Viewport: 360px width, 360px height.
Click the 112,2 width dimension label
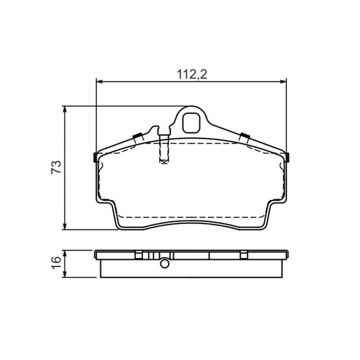point(192,74)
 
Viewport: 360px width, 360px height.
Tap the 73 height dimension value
point(56,167)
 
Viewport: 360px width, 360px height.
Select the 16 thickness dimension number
point(56,263)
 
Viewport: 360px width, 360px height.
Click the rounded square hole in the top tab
point(191,123)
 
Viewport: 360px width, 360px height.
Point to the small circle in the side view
point(165,264)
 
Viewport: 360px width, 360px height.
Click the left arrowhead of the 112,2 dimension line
point(99,81)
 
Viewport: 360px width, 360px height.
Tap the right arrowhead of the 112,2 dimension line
point(283,81)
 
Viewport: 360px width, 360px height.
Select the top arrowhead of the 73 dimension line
point(65,109)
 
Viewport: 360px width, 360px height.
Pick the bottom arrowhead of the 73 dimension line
point(65,226)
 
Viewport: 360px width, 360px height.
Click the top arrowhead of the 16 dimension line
point(65,253)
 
